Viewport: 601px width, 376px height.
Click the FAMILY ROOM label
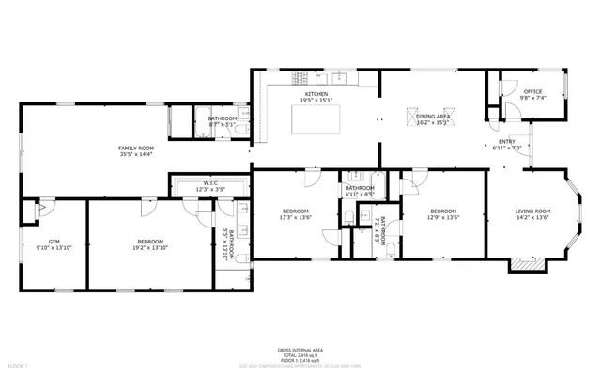click(135, 148)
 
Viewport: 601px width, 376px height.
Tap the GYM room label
click(40, 241)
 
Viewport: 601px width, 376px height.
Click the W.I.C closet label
click(210, 184)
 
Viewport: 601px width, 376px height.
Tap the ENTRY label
click(506, 142)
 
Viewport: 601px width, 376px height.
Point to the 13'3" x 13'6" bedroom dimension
click(295, 218)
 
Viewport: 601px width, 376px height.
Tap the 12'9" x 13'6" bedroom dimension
click(443, 218)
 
